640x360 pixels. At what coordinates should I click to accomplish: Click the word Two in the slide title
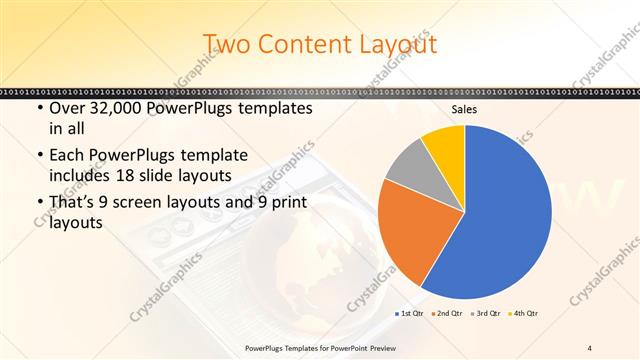(228, 44)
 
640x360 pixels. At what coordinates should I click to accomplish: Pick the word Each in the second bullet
(67, 155)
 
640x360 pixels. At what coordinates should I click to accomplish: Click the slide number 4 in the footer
(589, 347)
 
